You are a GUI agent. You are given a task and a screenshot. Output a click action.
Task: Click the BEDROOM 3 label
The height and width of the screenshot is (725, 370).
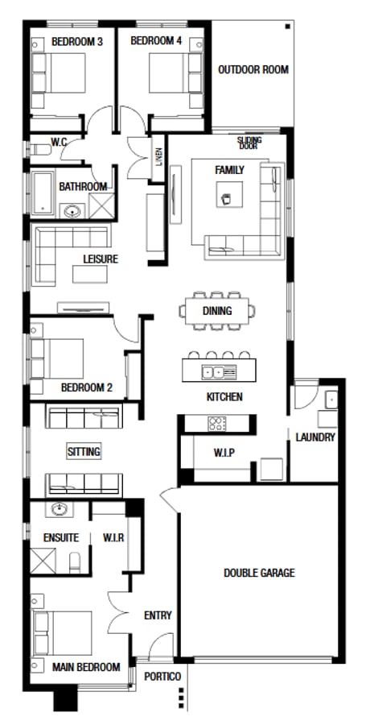point(72,41)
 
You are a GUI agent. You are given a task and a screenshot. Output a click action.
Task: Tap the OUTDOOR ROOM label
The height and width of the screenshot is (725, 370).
point(253,70)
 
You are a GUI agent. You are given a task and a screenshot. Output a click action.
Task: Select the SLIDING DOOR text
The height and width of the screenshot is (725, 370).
point(249,143)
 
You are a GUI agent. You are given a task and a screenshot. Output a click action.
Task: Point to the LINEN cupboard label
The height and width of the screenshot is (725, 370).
point(160,160)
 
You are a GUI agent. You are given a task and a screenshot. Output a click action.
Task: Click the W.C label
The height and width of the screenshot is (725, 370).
point(59,143)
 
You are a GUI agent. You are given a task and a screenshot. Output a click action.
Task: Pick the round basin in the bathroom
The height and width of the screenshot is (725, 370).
point(72,212)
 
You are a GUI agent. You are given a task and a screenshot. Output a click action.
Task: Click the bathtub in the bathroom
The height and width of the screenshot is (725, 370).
point(42,193)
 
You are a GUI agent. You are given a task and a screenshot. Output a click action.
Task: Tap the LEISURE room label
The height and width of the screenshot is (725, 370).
point(101,259)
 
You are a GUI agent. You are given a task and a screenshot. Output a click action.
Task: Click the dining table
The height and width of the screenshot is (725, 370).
point(217,310)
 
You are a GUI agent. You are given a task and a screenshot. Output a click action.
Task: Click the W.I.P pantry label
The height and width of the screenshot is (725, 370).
point(224,452)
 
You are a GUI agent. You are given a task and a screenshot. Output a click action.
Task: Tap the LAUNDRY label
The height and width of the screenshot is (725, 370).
point(315,437)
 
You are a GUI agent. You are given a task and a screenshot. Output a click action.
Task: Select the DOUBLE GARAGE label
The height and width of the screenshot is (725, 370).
point(259,574)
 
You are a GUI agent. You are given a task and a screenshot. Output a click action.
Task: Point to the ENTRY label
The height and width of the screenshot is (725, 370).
point(158,615)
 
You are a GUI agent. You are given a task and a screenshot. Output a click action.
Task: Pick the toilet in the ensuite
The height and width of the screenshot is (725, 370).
point(76,560)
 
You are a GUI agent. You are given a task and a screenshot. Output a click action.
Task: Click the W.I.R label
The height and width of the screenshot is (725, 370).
point(113,536)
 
